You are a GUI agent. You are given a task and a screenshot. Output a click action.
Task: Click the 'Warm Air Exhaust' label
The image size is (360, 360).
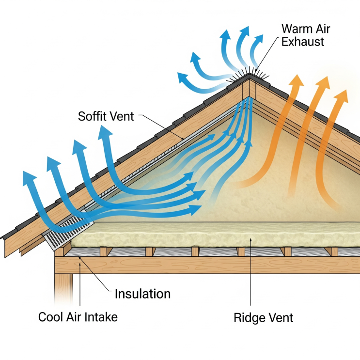(x=306, y=35)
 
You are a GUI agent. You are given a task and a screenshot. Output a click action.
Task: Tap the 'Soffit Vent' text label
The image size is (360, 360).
(x=106, y=116)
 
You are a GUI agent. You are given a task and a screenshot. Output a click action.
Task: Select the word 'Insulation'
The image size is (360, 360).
(x=142, y=294)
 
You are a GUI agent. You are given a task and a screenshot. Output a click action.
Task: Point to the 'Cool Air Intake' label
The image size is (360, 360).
(x=78, y=317)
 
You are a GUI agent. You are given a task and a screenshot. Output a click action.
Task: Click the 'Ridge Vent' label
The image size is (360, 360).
(x=264, y=318)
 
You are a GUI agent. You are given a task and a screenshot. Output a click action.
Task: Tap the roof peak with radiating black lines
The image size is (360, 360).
(x=249, y=75)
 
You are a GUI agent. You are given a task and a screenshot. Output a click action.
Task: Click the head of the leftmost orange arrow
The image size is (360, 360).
(x=297, y=80)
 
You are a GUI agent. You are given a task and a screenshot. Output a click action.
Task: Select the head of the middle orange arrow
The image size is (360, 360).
(x=323, y=83)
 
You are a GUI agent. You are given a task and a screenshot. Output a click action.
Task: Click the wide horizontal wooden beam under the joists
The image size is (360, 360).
(x=207, y=265)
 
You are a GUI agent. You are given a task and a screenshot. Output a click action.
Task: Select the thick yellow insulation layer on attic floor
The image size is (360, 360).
(x=216, y=235)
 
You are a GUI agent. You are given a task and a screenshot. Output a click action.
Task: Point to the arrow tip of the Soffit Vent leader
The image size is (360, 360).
(x=183, y=140)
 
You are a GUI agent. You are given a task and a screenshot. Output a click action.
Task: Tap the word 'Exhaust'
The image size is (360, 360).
(x=303, y=42)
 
